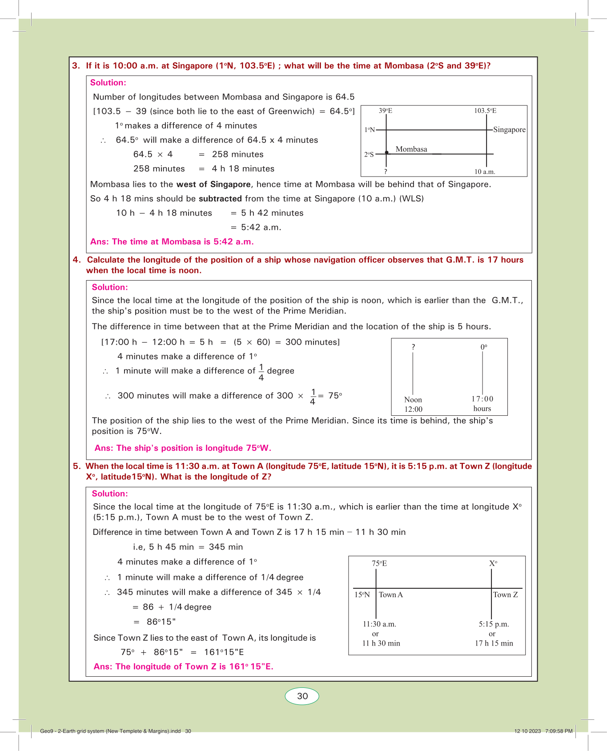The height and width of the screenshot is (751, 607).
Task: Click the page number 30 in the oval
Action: click(x=302, y=696)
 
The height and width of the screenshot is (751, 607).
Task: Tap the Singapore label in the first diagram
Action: click(x=509, y=130)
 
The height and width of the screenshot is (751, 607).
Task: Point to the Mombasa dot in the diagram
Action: click(x=387, y=153)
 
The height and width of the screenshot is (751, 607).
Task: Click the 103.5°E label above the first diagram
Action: click(x=485, y=111)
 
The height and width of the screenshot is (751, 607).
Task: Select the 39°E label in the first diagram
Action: click(x=386, y=111)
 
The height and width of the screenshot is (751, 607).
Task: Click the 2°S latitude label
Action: click(x=369, y=155)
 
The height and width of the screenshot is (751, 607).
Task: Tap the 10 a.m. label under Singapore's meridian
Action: click(x=485, y=172)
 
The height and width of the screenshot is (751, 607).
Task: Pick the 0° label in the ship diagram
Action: click(x=484, y=347)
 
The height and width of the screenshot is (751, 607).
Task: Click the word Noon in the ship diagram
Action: click(x=413, y=400)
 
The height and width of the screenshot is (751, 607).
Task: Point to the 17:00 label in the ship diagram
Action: click(x=482, y=399)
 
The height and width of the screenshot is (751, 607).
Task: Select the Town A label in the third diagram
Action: click(x=391, y=595)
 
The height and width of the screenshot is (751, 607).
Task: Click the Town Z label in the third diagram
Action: click(x=506, y=595)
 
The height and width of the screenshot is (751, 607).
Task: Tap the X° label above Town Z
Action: click(x=493, y=563)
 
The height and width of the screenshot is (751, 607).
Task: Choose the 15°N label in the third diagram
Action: click(x=362, y=595)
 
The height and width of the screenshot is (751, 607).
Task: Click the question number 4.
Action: click(x=76, y=260)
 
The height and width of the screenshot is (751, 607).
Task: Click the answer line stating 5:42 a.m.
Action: click(x=172, y=242)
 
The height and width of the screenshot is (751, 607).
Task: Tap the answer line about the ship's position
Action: click(x=183, y=448)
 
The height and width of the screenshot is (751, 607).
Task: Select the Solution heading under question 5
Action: click(x=110, y=494)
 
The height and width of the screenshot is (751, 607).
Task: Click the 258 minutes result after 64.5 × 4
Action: click(x=237, y=154)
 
